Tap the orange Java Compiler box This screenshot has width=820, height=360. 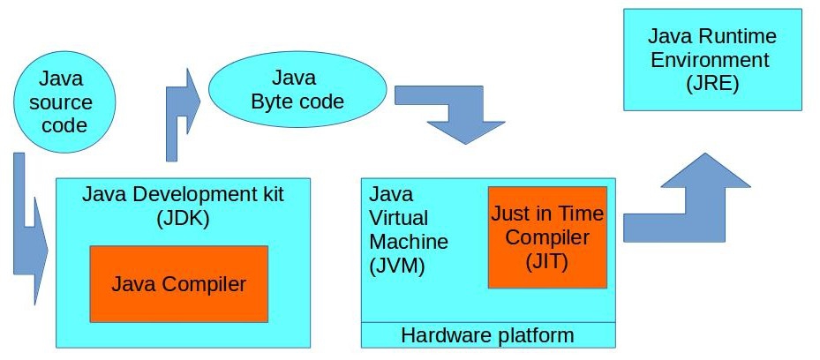point(178,284)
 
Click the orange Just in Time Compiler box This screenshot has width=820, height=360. point(547,237)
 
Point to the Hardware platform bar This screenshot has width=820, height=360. point(487,335)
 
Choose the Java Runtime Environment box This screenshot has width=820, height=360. point(711,60)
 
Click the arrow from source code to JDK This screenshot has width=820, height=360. point(32,238)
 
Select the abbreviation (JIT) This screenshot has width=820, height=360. point(546,261)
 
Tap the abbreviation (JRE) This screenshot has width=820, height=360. point(711,85)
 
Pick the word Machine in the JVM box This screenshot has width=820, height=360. point(409,241)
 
